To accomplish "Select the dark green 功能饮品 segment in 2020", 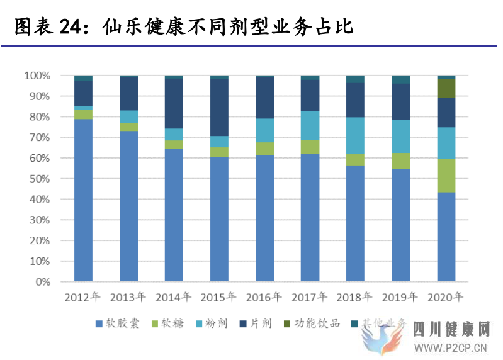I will [446, 88].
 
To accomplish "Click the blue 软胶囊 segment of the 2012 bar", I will [84, 200].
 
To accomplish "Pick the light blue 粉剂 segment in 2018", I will [356, 135].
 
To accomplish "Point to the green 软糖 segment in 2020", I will [446, 176].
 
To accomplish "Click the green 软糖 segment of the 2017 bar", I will [310, 147].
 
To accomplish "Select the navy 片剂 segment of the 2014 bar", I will [174, 103].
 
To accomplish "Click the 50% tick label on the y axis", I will [39, 179].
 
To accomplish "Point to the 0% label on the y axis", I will [42, 282].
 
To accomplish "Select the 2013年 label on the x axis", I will [128, 297].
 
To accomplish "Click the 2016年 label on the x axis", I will [264, 297].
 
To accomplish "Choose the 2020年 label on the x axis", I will [446, 297].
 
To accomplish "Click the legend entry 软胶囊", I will [119, 323].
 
